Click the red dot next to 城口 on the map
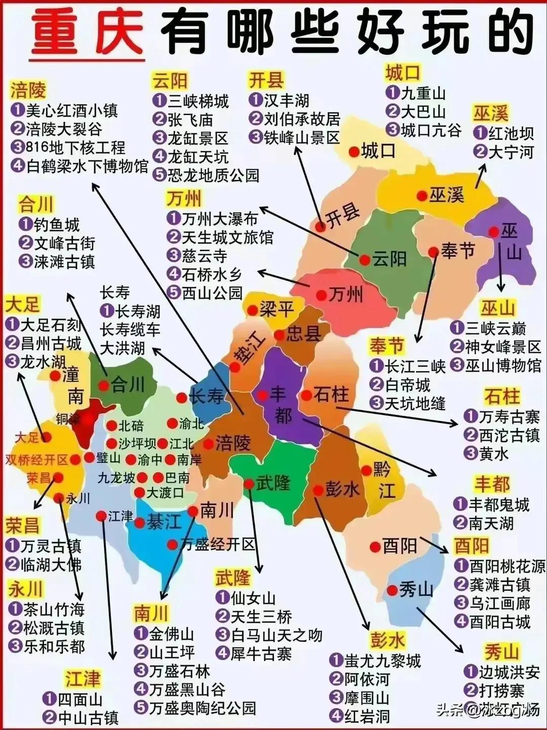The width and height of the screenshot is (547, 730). coord(354,151)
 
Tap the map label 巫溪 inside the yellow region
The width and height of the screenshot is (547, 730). coord(447,195)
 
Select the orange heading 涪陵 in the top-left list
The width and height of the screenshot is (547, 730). coord(28,91)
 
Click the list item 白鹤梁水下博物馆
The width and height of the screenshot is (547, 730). coord(87,166)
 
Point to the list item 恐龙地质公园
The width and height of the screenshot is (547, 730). coord(213,175)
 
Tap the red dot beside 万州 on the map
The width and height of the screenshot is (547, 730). coord(322,295)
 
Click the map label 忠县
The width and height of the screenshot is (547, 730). coord(304,334)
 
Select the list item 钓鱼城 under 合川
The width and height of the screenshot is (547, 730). coord(57,224)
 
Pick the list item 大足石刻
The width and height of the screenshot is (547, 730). coord(51,324)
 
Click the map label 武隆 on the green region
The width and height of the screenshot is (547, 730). coord(273,483)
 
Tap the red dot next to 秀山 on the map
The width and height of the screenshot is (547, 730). coord(392,591)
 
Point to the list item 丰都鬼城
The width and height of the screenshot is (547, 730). coord(498,504)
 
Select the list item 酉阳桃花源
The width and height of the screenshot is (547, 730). coord(507,566)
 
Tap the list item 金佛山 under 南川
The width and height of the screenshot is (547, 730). coord(171,634)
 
